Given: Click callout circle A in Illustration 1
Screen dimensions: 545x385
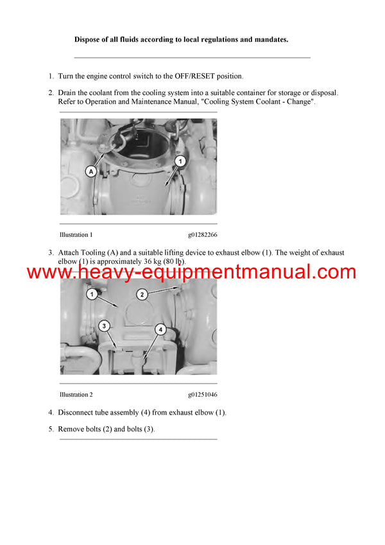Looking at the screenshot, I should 90,171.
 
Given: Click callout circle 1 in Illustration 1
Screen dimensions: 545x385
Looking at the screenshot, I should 181,161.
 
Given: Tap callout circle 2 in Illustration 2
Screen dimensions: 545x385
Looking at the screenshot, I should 143,294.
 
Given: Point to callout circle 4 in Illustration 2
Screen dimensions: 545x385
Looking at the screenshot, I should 161,329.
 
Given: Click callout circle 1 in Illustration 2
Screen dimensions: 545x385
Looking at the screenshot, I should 92,295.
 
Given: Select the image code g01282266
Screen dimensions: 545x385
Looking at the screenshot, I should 202,235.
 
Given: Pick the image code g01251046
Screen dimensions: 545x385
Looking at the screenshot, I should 202,395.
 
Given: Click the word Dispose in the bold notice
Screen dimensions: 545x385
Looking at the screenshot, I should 87,40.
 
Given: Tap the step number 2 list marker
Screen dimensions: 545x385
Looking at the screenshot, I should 51,93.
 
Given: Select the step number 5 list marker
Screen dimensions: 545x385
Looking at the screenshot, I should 51,429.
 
